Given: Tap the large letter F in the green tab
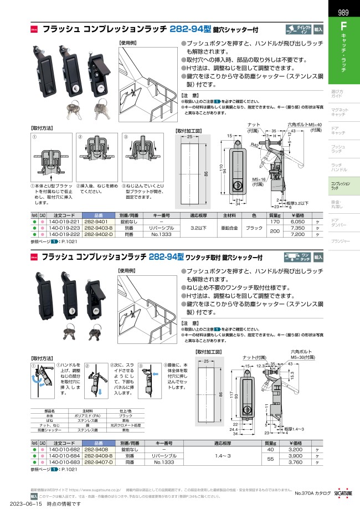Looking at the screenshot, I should (343, 26).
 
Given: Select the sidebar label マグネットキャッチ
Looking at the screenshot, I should (339, 112).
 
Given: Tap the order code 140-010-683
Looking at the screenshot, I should (64, 462).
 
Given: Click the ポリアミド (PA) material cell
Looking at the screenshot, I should (80, 415).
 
